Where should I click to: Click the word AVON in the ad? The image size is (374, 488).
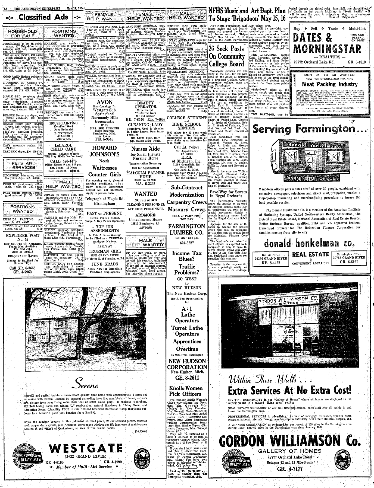[105, 102]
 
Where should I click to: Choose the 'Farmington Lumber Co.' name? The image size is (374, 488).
[186, 229]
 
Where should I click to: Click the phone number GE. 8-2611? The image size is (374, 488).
[186, 378]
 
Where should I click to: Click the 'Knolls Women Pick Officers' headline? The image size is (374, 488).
[186, 391]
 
